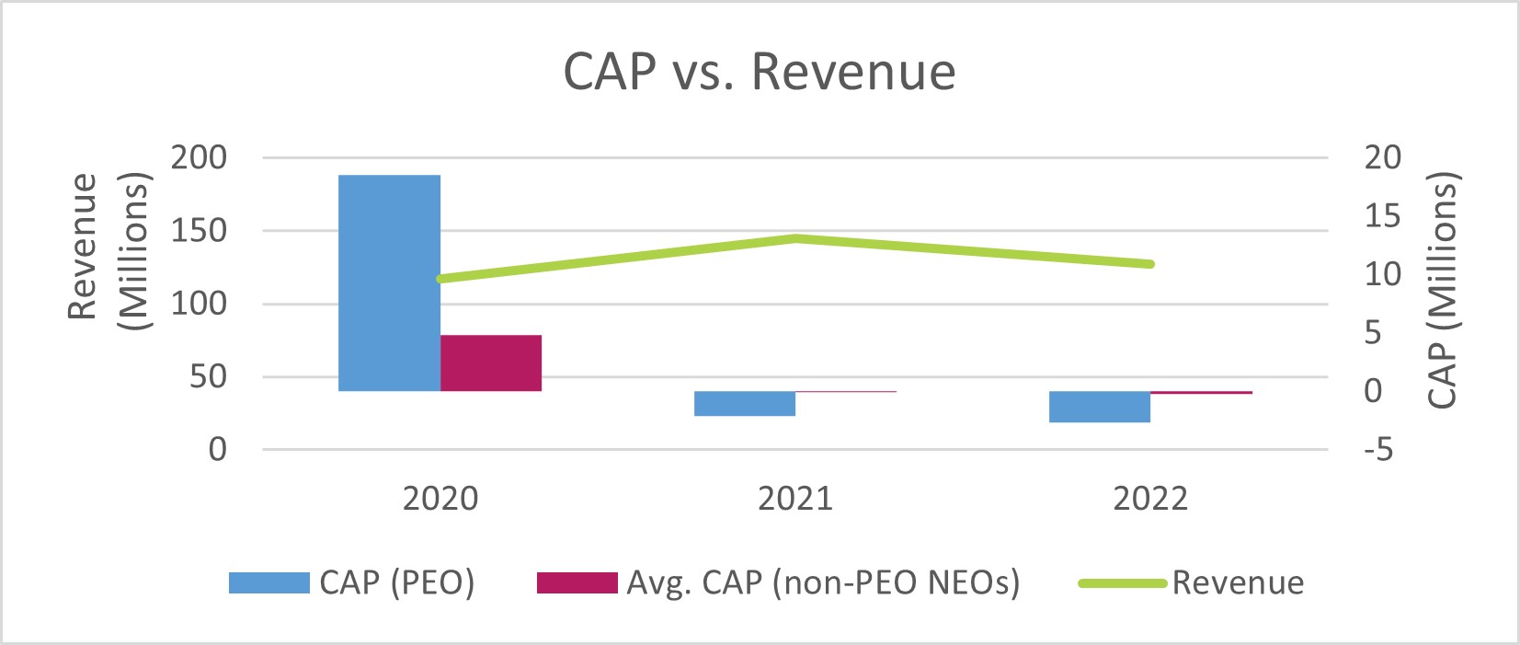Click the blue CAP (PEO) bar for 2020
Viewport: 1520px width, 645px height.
(x=389, y=282)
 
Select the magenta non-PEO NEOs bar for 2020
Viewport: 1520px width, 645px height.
(x=491, y=363)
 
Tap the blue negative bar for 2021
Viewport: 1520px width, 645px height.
(x=745, y=403)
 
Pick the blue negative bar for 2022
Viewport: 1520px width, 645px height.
(x=1100, y=407)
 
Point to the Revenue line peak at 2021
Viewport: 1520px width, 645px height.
(x=796, y=238)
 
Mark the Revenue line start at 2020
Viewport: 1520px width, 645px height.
(x=441, y=278)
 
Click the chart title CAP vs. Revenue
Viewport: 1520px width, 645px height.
(x=760, y=72)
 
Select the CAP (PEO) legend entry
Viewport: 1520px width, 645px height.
(x=352, y=582)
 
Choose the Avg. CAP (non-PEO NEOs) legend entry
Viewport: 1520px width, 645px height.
(x=779, y=582)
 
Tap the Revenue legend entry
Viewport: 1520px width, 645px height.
(x=1192, y=582)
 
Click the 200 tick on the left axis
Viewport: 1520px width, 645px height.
(x=199, y=157)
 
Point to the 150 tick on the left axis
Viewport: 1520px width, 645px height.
(x=199, y=230)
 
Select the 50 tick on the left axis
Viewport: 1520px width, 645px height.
(x=208, y=376)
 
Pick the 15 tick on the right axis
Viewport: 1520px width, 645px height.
(x=1381, y=216)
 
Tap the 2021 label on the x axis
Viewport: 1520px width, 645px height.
(x=795, y=499)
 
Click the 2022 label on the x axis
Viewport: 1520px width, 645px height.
(x=1150, y=499)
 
